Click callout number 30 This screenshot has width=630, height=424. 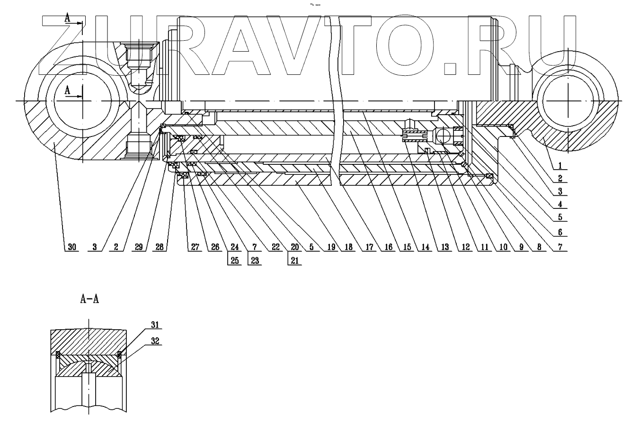point(71,247)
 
